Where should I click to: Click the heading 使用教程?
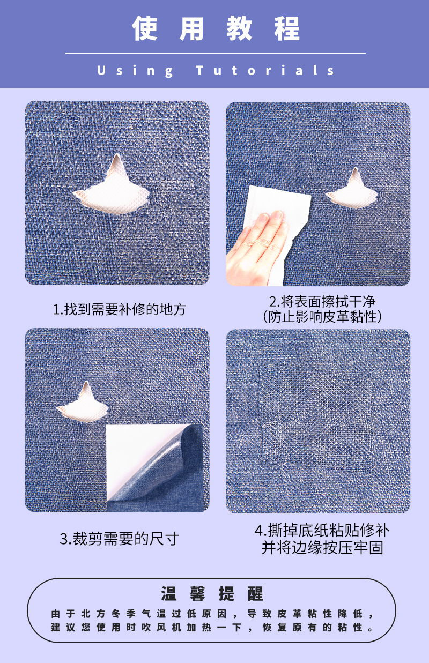tap(216, 28)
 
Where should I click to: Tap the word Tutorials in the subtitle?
tap(265, 70)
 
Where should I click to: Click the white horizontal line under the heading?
tap(216, 53)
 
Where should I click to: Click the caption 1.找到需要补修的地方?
tap(119, 310)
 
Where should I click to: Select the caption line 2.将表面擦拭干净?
tap(322, 302)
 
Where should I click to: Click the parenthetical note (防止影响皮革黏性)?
tap(322, 317)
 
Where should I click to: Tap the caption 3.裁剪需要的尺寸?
tap(119, 539)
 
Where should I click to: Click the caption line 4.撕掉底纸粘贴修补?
tap(322, 530)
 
